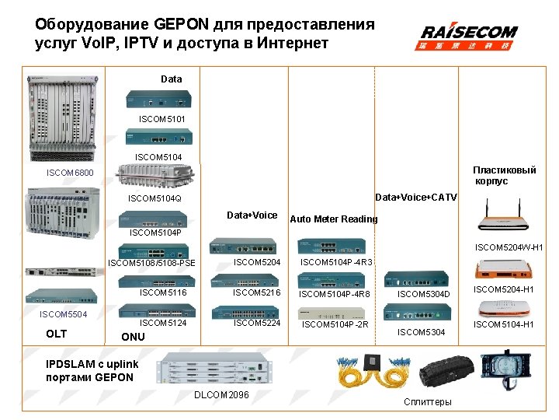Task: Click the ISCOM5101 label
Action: tap(161, 119)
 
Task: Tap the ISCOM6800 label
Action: tap(71, 172)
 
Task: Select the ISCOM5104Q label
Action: tap(155, 198)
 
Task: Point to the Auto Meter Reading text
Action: tap(334, 219)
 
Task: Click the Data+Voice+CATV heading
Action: tap(416, 198)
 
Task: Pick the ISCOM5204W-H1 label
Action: tap(509, 248)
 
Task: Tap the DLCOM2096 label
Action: tap(221, 395)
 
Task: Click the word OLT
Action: tap(57, 334)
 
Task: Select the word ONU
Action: tap(133, 338)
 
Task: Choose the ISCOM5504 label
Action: tap(63, 314)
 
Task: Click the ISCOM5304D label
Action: tap(424, 294)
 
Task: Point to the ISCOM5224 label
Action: tap(257, 323)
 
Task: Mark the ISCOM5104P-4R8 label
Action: tap(335, 294)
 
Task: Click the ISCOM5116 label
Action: tap(163, 293)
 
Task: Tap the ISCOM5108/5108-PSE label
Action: tap(152, 263)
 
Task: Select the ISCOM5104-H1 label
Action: tap(504, 324)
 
